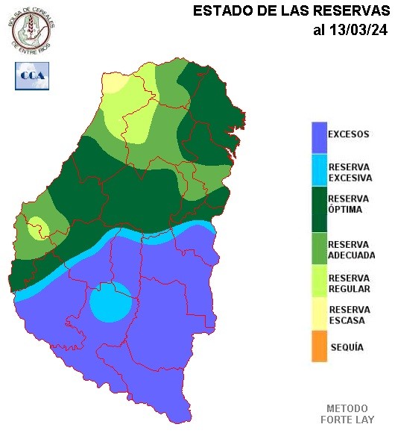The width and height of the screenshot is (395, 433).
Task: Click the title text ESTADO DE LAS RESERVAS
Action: click(291, 11)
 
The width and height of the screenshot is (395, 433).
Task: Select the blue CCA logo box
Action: click(31, 75)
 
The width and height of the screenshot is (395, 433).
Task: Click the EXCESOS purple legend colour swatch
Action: click(319, 136)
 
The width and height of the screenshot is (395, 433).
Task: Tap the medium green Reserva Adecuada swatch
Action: click(319, 249)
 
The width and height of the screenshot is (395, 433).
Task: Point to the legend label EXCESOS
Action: click(348, 135)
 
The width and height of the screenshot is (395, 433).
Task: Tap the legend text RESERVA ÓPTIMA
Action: click(348, 205)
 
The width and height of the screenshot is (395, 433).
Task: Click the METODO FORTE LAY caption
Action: click(347, 414)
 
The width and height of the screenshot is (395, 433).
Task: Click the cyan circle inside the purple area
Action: click(113, 302)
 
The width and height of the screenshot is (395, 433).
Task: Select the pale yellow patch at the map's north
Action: click(116, 82)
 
